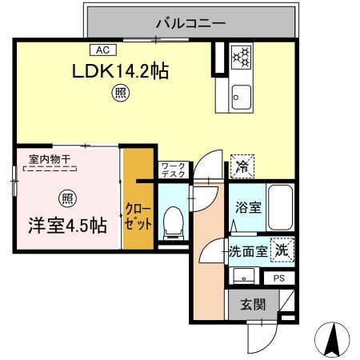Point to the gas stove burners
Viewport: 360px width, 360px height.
241,57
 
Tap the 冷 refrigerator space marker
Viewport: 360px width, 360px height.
241,166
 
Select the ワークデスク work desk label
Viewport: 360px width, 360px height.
173,170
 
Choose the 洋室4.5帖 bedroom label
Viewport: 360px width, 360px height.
58,225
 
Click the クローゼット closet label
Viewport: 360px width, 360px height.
138,218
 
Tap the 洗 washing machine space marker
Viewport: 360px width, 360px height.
282,250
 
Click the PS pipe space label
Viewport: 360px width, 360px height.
278,278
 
